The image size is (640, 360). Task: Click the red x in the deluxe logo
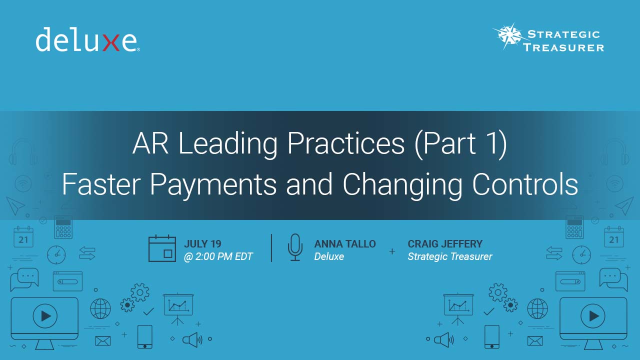point(111,42)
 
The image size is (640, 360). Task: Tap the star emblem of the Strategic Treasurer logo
point(510,35)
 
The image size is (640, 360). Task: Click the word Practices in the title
point(346,143)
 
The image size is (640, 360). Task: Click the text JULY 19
point(202,243)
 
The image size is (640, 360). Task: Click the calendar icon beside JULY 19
point(162,248)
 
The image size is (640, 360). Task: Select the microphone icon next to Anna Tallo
point(295,247)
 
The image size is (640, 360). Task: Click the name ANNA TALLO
point(345,243)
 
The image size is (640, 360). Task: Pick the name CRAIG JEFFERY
point(445,243)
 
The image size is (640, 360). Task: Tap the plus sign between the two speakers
point(392,251)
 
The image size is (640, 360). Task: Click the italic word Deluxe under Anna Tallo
point(329,256)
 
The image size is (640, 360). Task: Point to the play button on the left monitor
point(45,316)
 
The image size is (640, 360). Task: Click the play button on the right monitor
point(593,316)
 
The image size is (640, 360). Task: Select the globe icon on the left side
point(100,308)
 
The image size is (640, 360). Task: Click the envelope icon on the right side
point(535,341)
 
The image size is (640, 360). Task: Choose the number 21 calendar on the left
point(23,237)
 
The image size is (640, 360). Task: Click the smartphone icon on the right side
point(492,336)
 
